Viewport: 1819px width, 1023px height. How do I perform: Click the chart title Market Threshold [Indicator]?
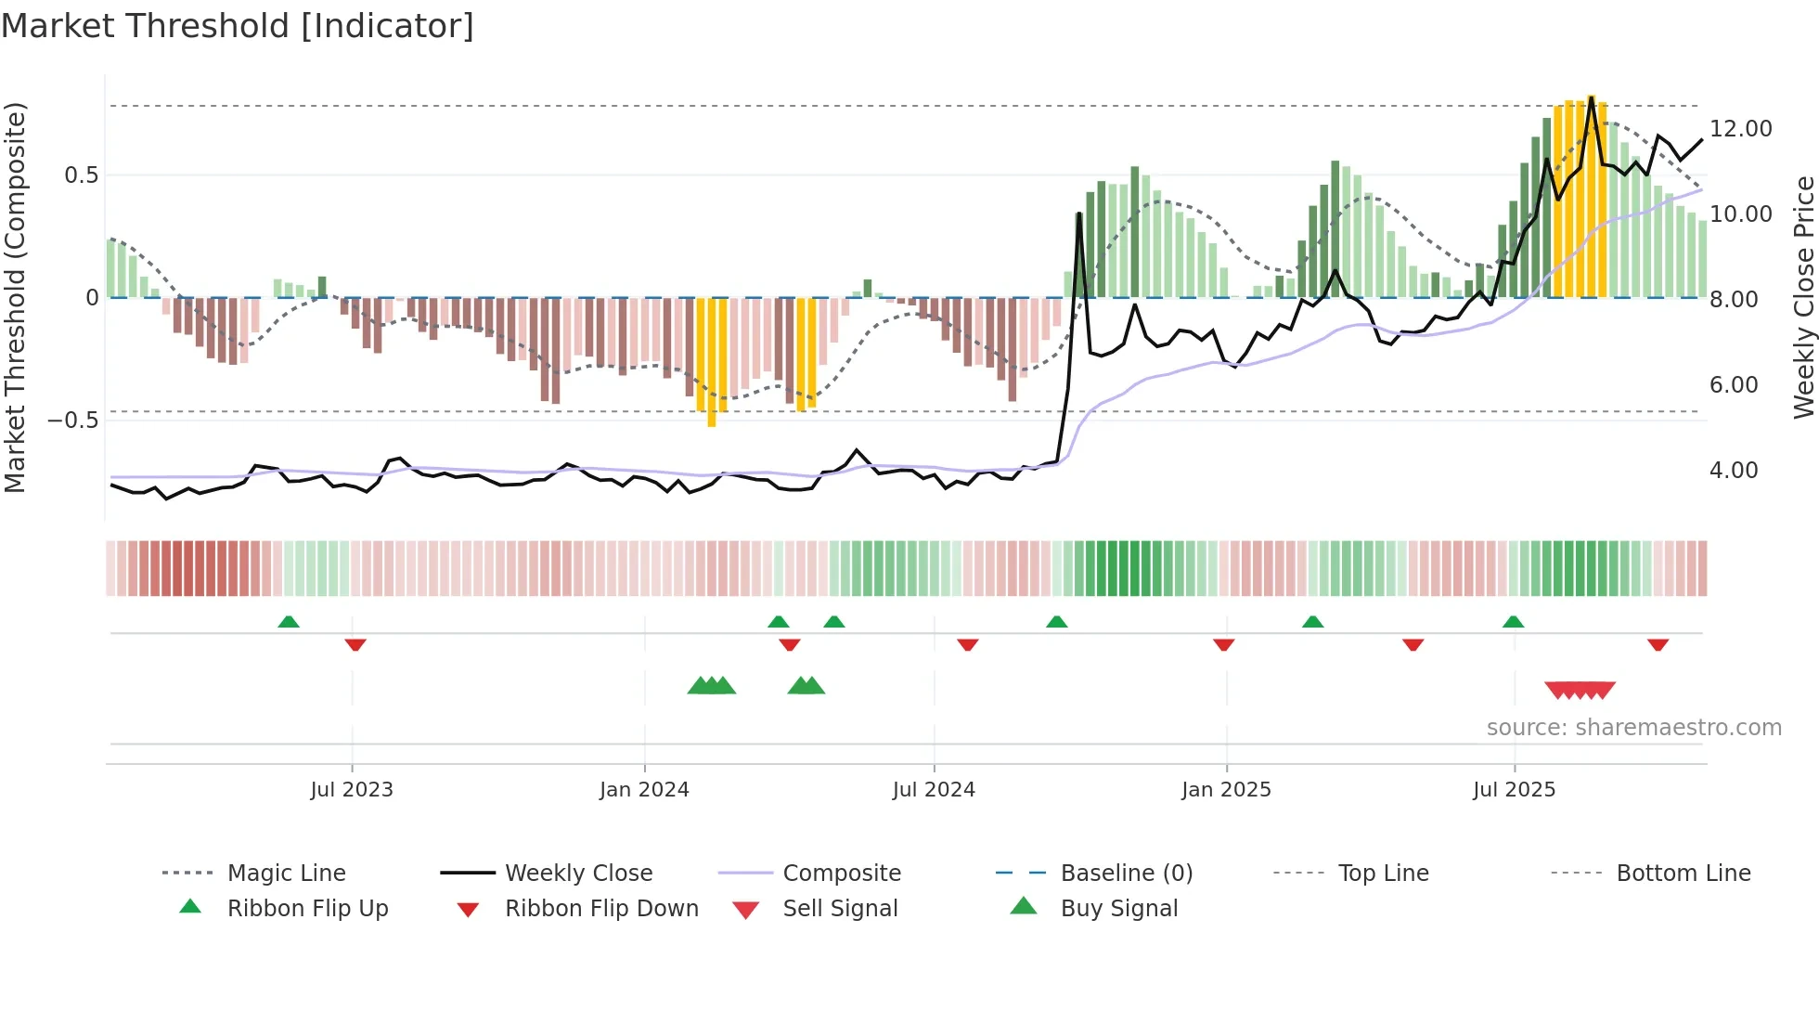coord(238,26)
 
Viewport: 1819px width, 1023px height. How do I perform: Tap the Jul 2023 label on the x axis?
coord(351,790)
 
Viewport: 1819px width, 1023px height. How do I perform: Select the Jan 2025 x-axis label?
coord(1225,790)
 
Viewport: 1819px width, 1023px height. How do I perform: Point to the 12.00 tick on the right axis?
coord(1740,129)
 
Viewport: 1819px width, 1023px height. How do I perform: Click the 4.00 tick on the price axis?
coord(1733,471)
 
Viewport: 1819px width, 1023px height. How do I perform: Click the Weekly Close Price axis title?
coord(1803,297)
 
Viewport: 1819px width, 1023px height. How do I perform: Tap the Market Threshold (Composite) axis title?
coord(15,297)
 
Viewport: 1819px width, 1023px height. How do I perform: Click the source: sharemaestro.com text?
coord(1633,728)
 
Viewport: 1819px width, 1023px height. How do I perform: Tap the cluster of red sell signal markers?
coord(1580,690)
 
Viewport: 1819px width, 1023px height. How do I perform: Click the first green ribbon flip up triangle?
coord(289,622)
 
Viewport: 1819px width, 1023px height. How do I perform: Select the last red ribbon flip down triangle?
coord(1658,644)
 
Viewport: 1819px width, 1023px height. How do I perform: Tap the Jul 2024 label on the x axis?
coord(933,790)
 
